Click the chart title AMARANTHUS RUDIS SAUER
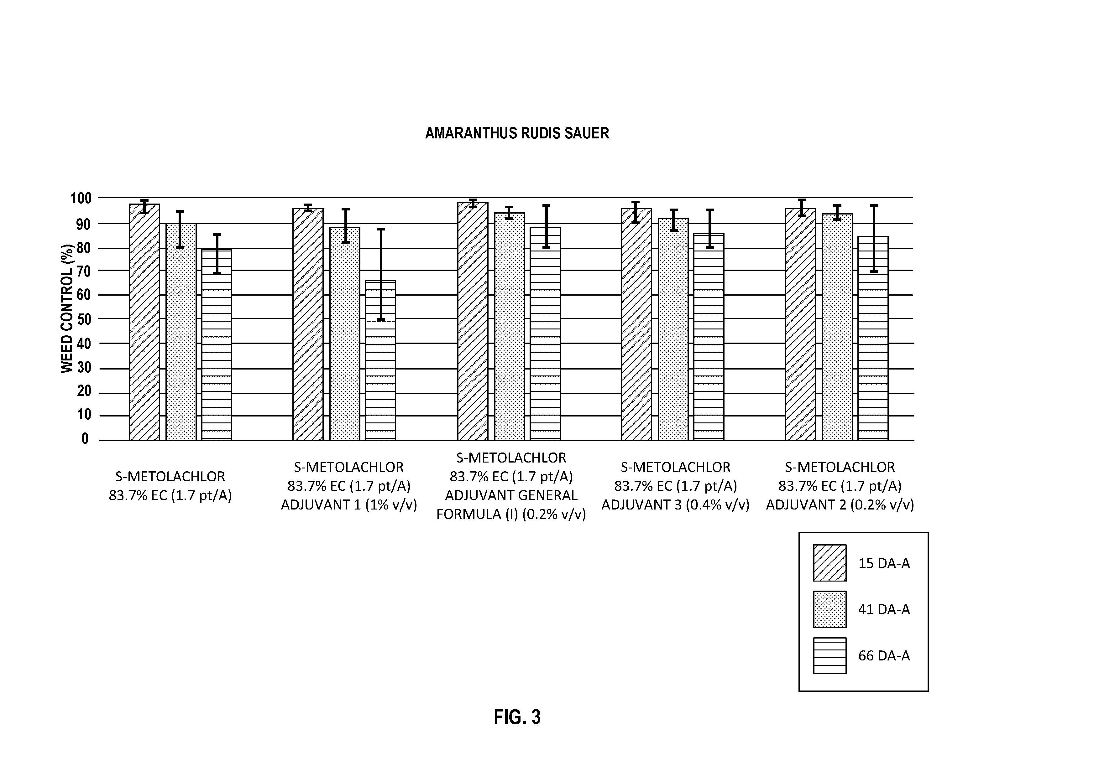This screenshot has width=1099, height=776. (517, 133)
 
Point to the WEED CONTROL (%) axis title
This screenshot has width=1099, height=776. (67, 308)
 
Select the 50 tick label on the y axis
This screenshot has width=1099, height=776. (83, 319)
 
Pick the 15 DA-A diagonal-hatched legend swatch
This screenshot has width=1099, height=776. (829, 563)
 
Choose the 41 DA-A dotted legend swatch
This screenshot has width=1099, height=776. (829, 609)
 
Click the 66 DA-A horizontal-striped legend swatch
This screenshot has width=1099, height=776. (829, 655)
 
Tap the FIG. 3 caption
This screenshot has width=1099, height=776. (517, 717)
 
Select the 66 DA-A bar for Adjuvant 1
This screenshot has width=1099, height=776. (380, 360)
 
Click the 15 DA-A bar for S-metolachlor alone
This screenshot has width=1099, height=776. (144, 322)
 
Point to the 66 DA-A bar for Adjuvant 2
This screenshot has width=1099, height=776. (873, 338)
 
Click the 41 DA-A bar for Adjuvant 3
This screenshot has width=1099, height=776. (673, 329)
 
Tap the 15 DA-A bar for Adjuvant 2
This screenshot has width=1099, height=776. (800, 324)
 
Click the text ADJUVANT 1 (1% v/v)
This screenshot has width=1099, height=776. (349, 505)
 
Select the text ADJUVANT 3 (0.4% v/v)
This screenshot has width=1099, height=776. (675, 505)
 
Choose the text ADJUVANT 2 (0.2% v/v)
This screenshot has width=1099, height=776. (840, 505)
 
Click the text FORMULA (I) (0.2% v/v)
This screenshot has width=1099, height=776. (511, 514)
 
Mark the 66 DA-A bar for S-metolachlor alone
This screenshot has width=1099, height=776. (217, 344)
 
